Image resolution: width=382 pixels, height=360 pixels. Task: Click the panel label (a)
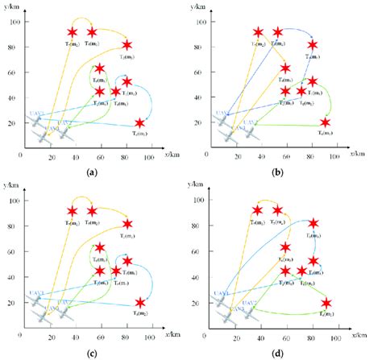tap(93, 171)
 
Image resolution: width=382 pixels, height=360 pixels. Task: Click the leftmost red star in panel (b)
tap(258, 33)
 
